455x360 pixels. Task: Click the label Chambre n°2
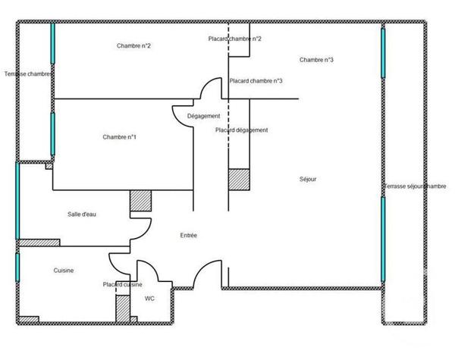(133, 46)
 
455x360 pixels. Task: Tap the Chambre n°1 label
(119, 137)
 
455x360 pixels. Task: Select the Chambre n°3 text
(317, 60)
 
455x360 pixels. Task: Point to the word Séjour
(307, 180)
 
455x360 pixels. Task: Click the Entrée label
(188, 236)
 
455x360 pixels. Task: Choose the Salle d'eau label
(82, 214)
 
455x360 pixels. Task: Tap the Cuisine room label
(63, 271)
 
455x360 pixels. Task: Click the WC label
(149, 298)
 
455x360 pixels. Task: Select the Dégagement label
(203, 116)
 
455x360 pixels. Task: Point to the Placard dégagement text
(241, 130)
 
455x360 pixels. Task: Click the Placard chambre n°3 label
(256, 81)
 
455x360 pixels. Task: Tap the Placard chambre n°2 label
(235, 39)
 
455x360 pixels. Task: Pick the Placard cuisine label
(123, 284)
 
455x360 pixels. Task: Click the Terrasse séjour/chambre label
(416, 186)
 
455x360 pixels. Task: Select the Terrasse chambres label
(28, 74)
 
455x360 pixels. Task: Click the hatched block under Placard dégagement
(239, 179)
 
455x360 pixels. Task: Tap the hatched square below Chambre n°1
(140, 199)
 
